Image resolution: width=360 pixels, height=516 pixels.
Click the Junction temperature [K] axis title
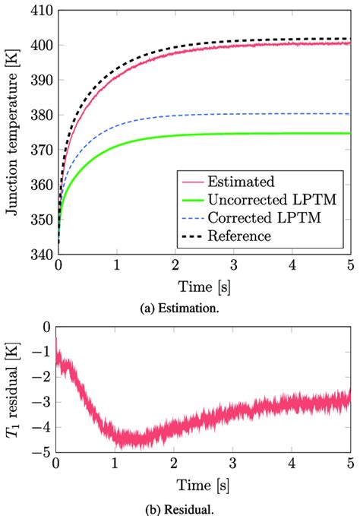click(13, 133)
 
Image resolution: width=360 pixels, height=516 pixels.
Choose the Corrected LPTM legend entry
click(255, 219)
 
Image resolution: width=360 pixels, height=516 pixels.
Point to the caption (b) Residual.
click(204, 507)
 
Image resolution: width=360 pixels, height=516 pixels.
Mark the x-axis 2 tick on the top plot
click(175, 267)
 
